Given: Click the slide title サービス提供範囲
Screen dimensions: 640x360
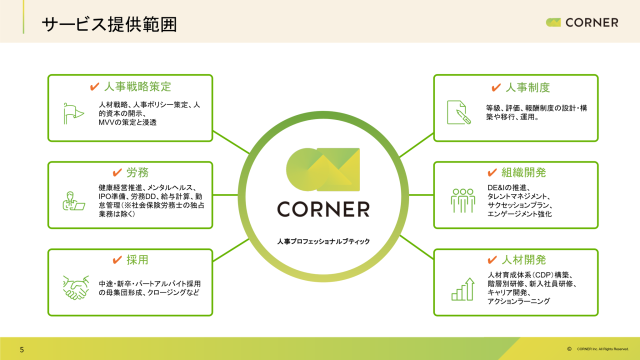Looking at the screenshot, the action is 109,24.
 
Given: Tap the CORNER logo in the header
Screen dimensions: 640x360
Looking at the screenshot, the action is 581,22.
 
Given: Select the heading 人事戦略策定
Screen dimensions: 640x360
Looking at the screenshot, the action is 137,86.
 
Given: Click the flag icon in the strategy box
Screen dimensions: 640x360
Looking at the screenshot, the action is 73,113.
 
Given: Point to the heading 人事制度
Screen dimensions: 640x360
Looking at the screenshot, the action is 527,87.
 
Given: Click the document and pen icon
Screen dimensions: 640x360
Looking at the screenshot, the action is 459,112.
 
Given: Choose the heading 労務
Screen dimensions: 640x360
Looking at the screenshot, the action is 137,172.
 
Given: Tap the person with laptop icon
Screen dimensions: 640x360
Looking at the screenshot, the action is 73,201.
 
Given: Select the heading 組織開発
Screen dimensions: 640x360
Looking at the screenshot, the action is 523,172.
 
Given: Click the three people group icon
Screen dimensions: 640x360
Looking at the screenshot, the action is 463,200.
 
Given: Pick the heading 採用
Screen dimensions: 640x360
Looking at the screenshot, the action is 137,260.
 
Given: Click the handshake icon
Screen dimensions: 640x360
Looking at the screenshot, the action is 76,287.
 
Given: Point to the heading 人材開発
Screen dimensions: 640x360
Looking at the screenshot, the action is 523,260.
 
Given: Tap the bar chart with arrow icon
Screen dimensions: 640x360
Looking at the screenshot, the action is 463,289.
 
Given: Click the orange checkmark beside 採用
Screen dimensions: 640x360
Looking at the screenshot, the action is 117,259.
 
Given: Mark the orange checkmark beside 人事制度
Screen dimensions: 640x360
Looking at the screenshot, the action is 496,87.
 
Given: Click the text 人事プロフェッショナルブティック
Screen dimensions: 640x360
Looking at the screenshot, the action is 323,241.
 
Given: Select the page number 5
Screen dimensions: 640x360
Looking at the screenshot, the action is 22,349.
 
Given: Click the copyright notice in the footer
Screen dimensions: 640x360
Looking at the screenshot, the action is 598,349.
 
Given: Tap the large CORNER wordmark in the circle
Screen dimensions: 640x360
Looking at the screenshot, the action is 323,209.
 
